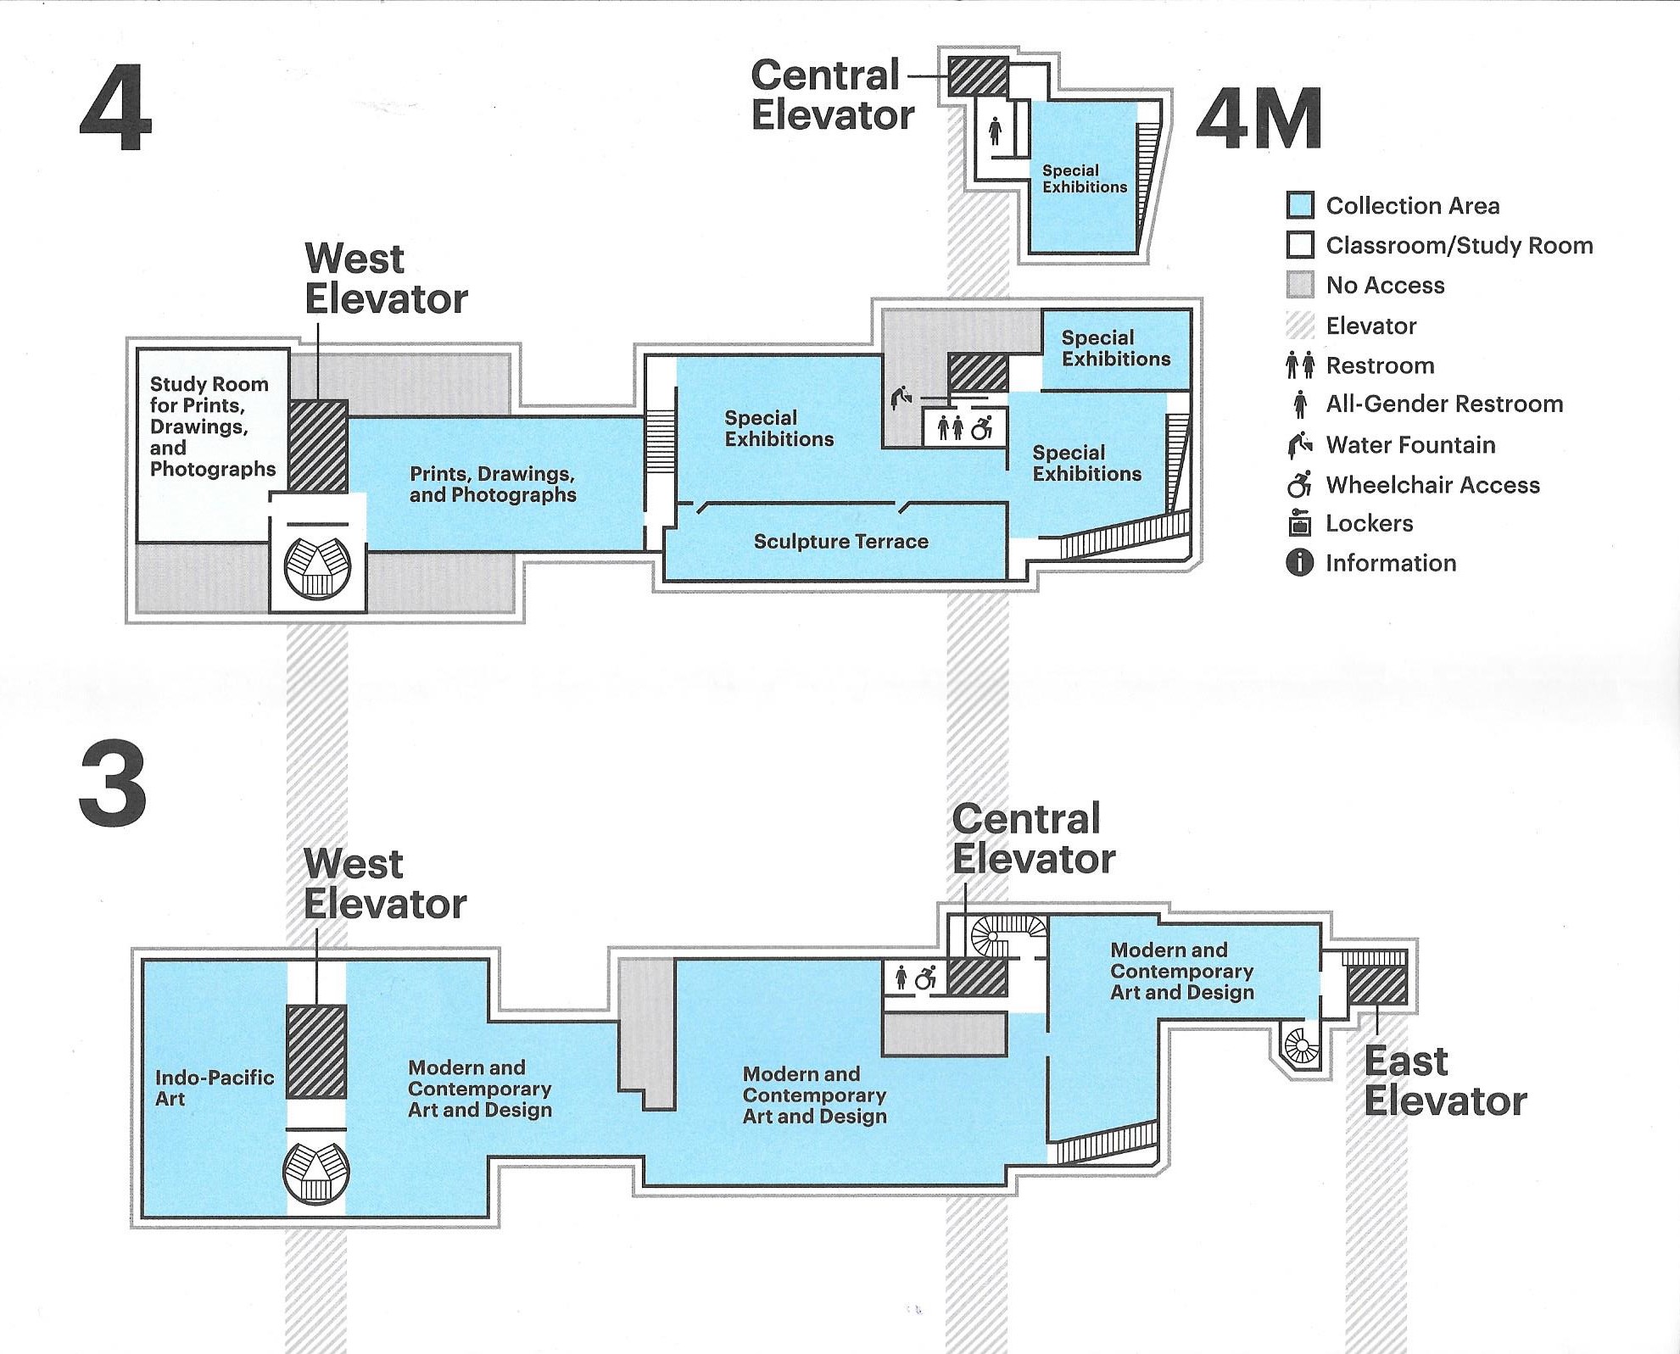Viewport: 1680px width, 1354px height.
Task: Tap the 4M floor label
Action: (x=1259, y=120)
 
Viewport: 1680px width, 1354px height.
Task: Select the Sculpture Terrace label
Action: (x=840, y=542)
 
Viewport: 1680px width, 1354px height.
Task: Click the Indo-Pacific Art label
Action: (x=214, y=1088)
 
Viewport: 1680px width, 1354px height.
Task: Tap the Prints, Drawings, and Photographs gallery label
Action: (x=493, y=484)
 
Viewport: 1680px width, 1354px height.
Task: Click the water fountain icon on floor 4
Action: (x=901, y=397)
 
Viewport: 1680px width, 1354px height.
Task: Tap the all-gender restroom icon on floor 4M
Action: (x=995, y=131)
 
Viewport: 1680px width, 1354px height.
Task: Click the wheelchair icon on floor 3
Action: (x=925, y=978)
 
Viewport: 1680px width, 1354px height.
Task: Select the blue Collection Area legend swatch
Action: (x=1300, y=205)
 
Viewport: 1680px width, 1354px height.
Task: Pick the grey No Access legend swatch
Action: (x=1300, y=285)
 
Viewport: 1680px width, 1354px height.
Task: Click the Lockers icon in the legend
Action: (x=1299, y=523)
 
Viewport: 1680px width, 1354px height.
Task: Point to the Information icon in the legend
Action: (x=1299, y=562)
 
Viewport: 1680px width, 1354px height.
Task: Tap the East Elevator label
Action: (x=1445, y=1081)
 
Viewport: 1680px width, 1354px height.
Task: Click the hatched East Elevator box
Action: (x=1376, y=985)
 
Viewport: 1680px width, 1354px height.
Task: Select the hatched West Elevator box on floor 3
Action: (x=316, y=1051)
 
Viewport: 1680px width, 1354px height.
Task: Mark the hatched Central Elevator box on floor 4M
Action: (x=978, y=76)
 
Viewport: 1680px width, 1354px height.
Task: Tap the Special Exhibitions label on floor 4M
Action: (x=1084, y=179)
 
